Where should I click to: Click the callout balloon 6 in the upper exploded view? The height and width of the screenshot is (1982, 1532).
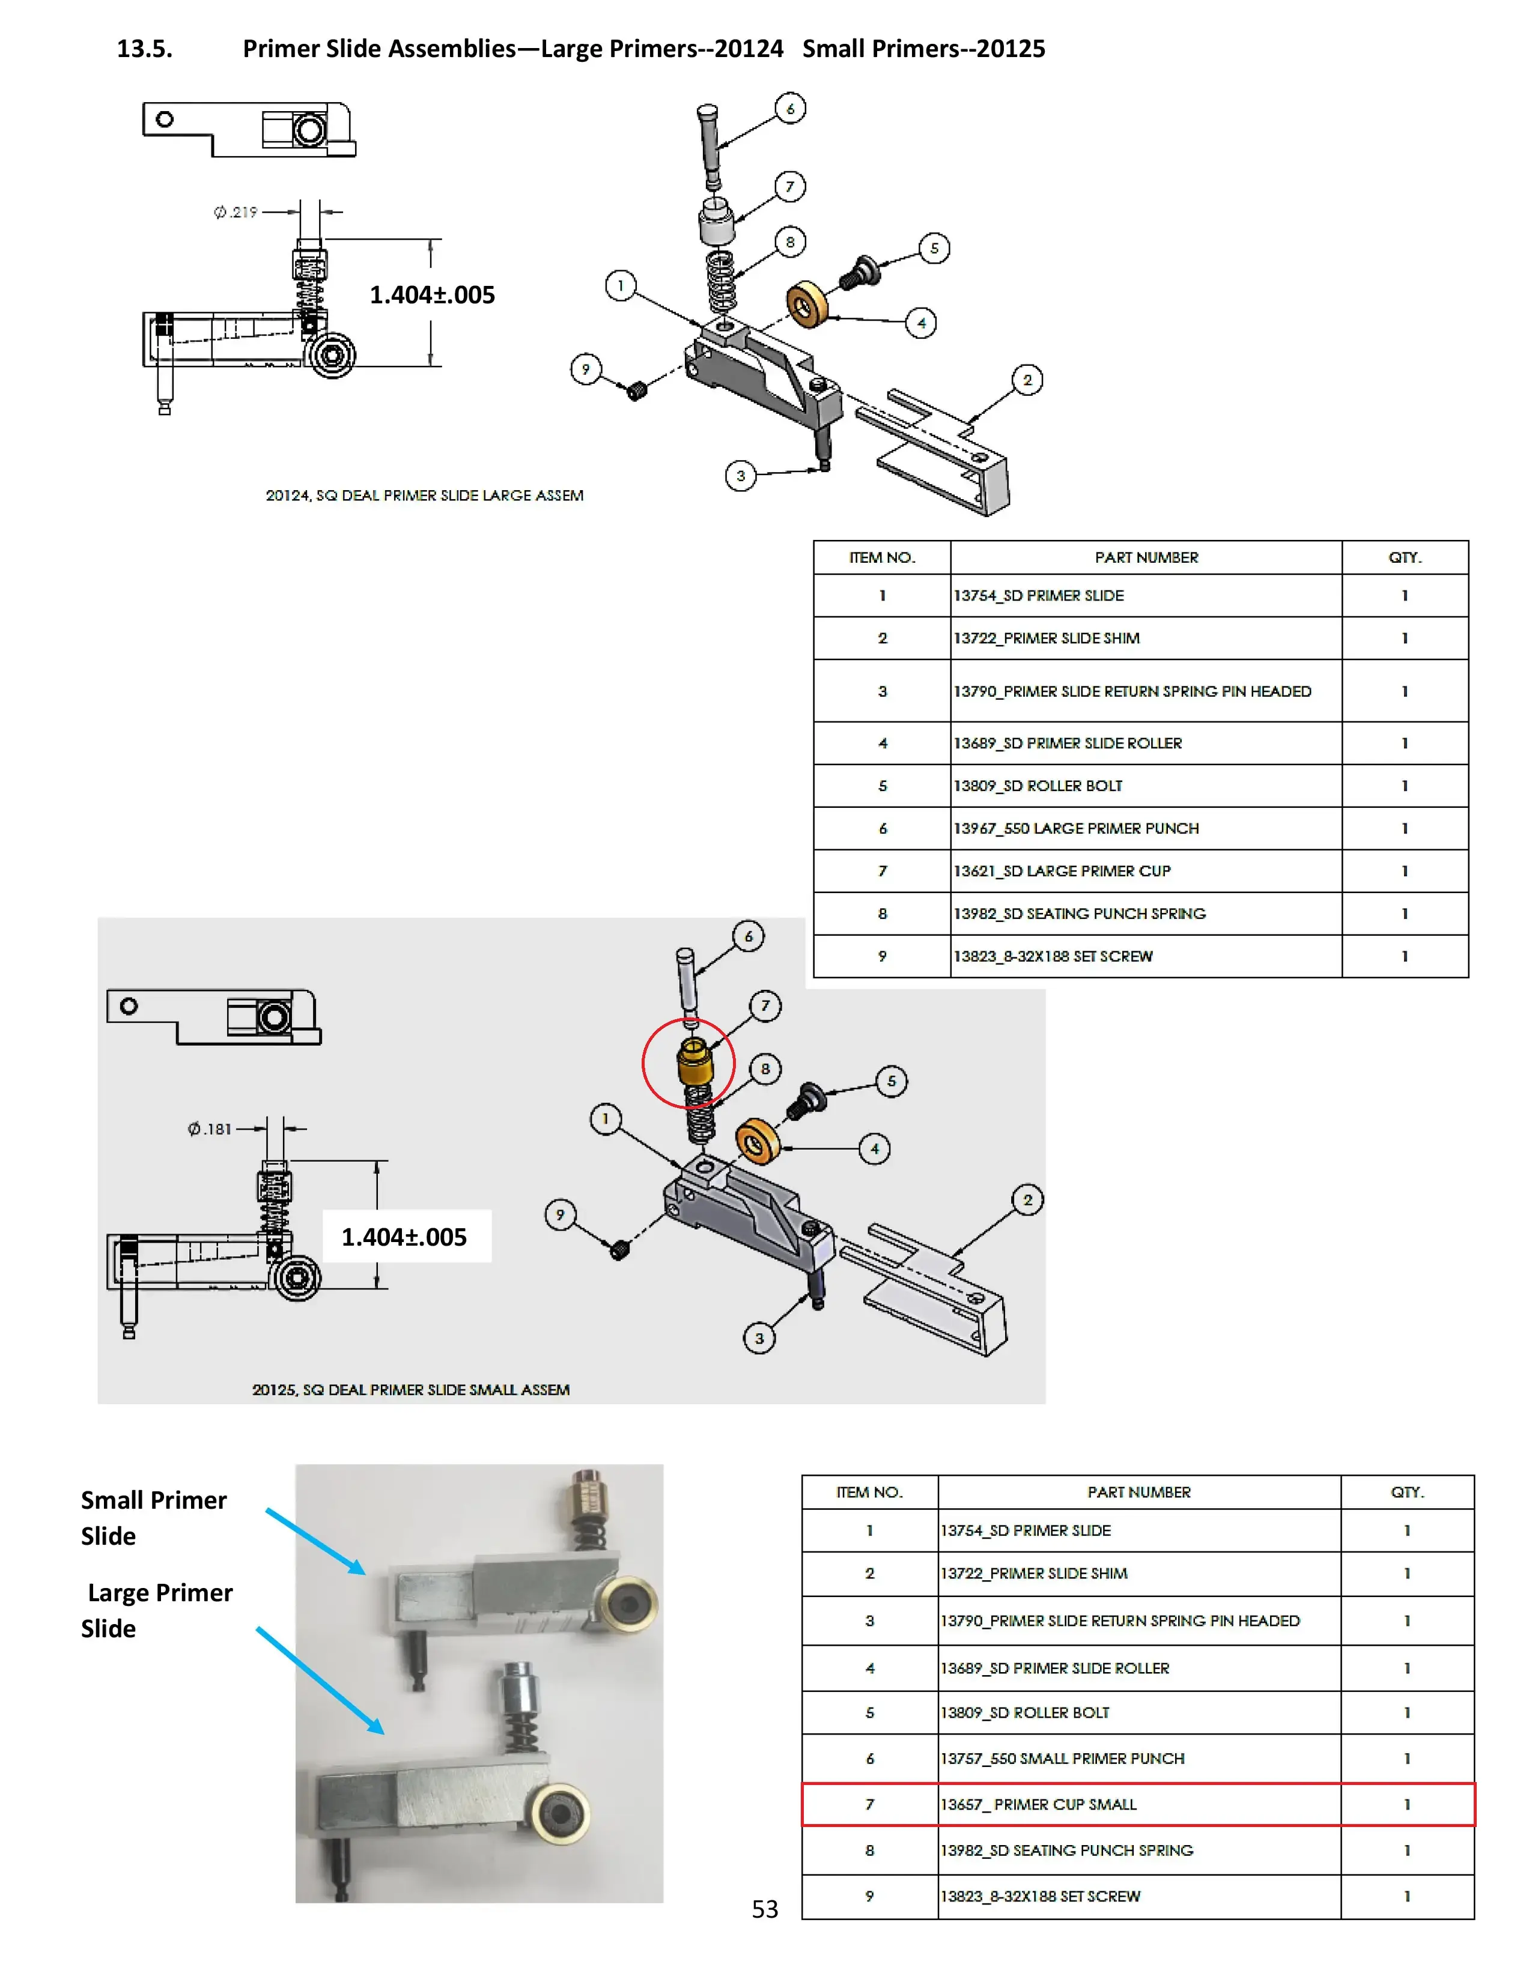pyautogui.click(x=789, y=109)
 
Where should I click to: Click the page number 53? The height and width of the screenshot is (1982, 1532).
pyautogui.click(x=764, y=1909)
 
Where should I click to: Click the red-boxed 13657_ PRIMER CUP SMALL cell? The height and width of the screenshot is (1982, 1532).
pyautogui.click(x=1038, y=1804)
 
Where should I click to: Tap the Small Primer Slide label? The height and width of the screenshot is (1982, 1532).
pyautogui.click(x=153, y=1517)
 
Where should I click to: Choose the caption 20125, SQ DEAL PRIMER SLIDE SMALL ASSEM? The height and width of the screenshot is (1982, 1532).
pyautogui.click(x=410, y=1389)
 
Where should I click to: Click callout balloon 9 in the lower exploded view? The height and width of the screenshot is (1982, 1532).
pyautogui.click(x=560, y=1214)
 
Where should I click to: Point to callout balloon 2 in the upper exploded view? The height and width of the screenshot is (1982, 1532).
pyautogui.click(x=1027, y=380)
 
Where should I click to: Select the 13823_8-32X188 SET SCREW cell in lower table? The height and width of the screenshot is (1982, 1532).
pyautogui.click(x=1040, y=1896)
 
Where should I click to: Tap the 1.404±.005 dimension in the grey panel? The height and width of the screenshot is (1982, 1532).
pyautogui.click(x=404, y=1237)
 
